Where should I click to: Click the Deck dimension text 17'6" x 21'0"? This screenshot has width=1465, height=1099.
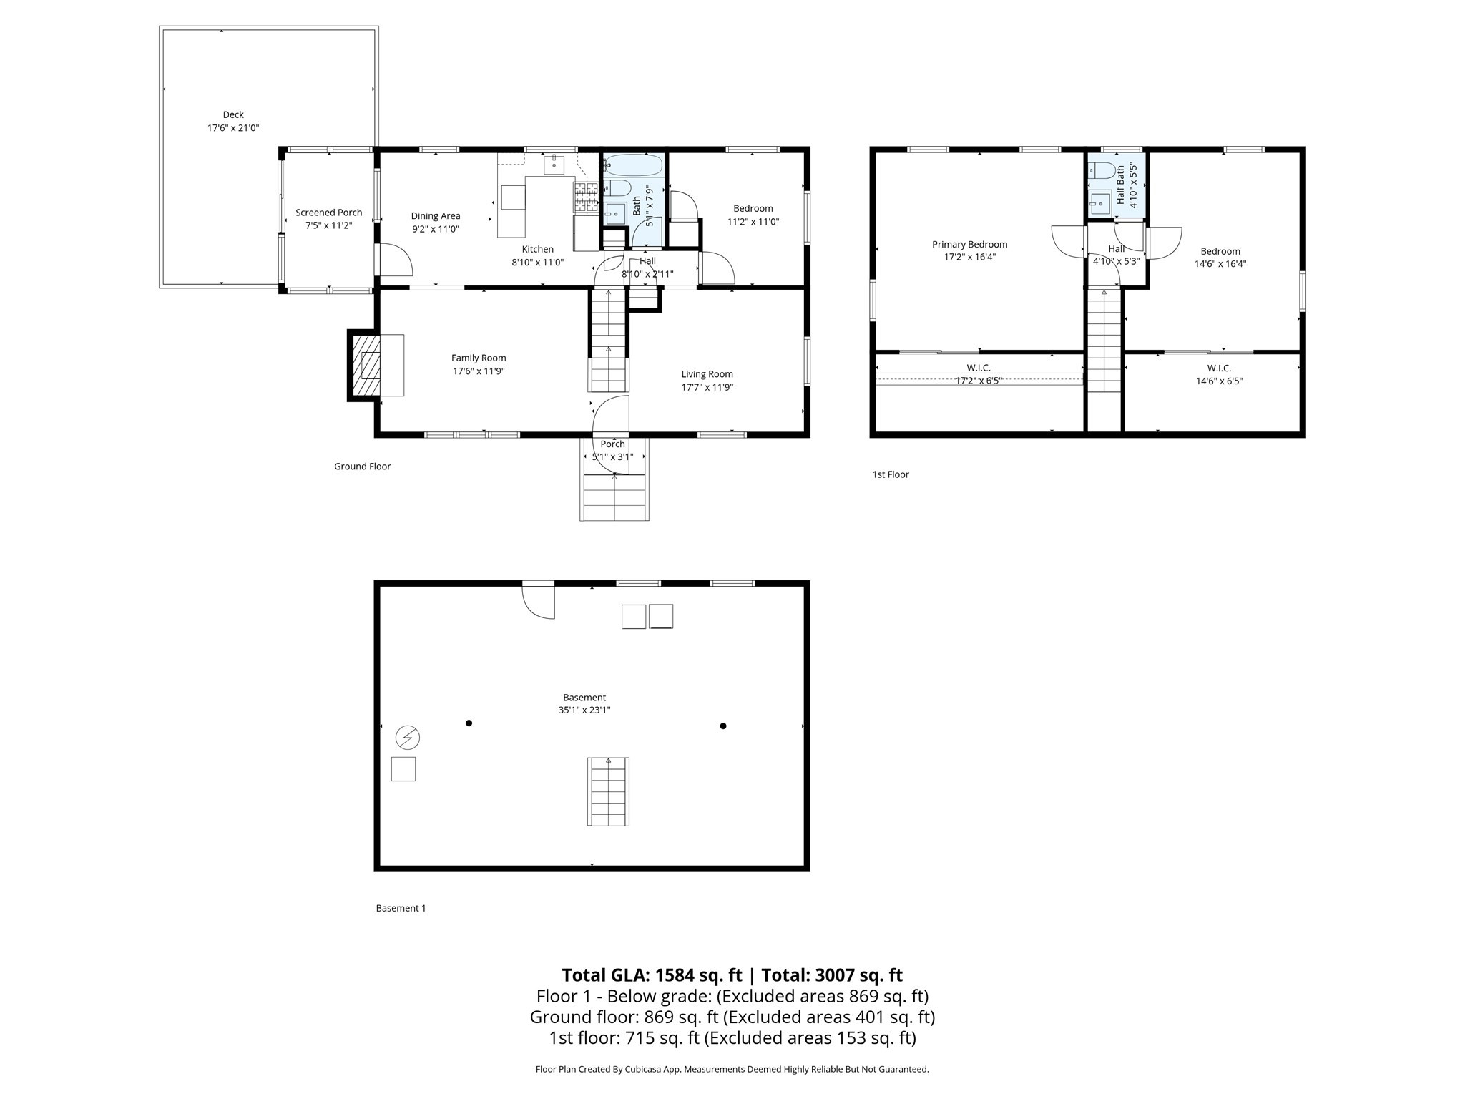(233, 128)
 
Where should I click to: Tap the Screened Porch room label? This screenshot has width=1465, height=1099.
(329, 213)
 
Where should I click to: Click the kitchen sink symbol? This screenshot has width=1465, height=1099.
(554, 165)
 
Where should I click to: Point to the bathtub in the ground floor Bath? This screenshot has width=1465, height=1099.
(634, 165)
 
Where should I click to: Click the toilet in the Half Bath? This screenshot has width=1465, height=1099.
(1102, 171)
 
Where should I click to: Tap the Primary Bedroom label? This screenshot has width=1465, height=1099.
(969, 245)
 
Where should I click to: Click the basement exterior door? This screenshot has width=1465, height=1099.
(539, 600)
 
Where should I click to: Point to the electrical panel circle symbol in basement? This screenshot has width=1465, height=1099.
(408, 737)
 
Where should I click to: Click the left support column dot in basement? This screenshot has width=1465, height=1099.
(469, 723)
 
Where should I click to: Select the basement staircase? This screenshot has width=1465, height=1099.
(609, 792)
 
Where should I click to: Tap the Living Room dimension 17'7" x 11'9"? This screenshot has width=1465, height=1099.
(707, 388)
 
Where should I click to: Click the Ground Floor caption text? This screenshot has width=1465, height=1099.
(362, 467)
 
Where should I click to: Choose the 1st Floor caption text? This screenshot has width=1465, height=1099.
(891, 474)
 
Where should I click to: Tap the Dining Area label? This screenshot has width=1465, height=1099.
(435, 216)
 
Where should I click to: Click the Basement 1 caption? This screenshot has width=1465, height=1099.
(401, 908)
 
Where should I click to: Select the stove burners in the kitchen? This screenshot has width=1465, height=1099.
(585, 197)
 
